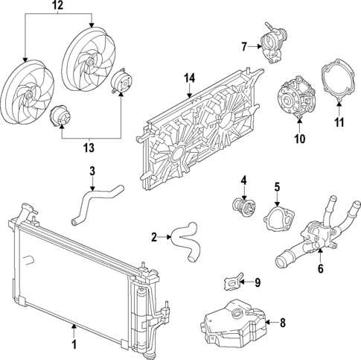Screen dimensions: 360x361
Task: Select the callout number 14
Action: point(189,78)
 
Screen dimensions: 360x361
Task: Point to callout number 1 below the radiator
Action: point(74,344)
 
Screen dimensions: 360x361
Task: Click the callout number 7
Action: point(244,47)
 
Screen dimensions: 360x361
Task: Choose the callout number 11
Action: point(339,121)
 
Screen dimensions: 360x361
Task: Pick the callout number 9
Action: point(258,282)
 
